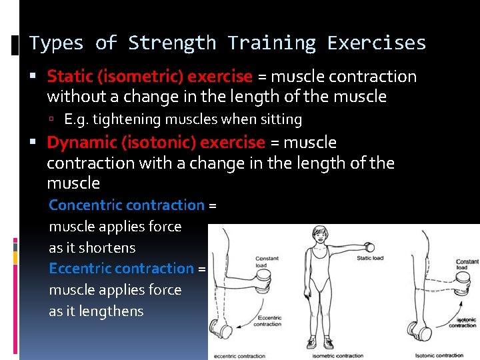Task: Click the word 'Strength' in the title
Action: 172,43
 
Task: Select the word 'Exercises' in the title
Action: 376,43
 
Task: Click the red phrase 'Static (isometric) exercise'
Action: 149,77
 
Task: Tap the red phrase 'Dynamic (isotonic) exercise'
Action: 156,143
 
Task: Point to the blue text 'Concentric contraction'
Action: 127,205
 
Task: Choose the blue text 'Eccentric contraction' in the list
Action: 121,269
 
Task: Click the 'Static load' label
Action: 369,258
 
